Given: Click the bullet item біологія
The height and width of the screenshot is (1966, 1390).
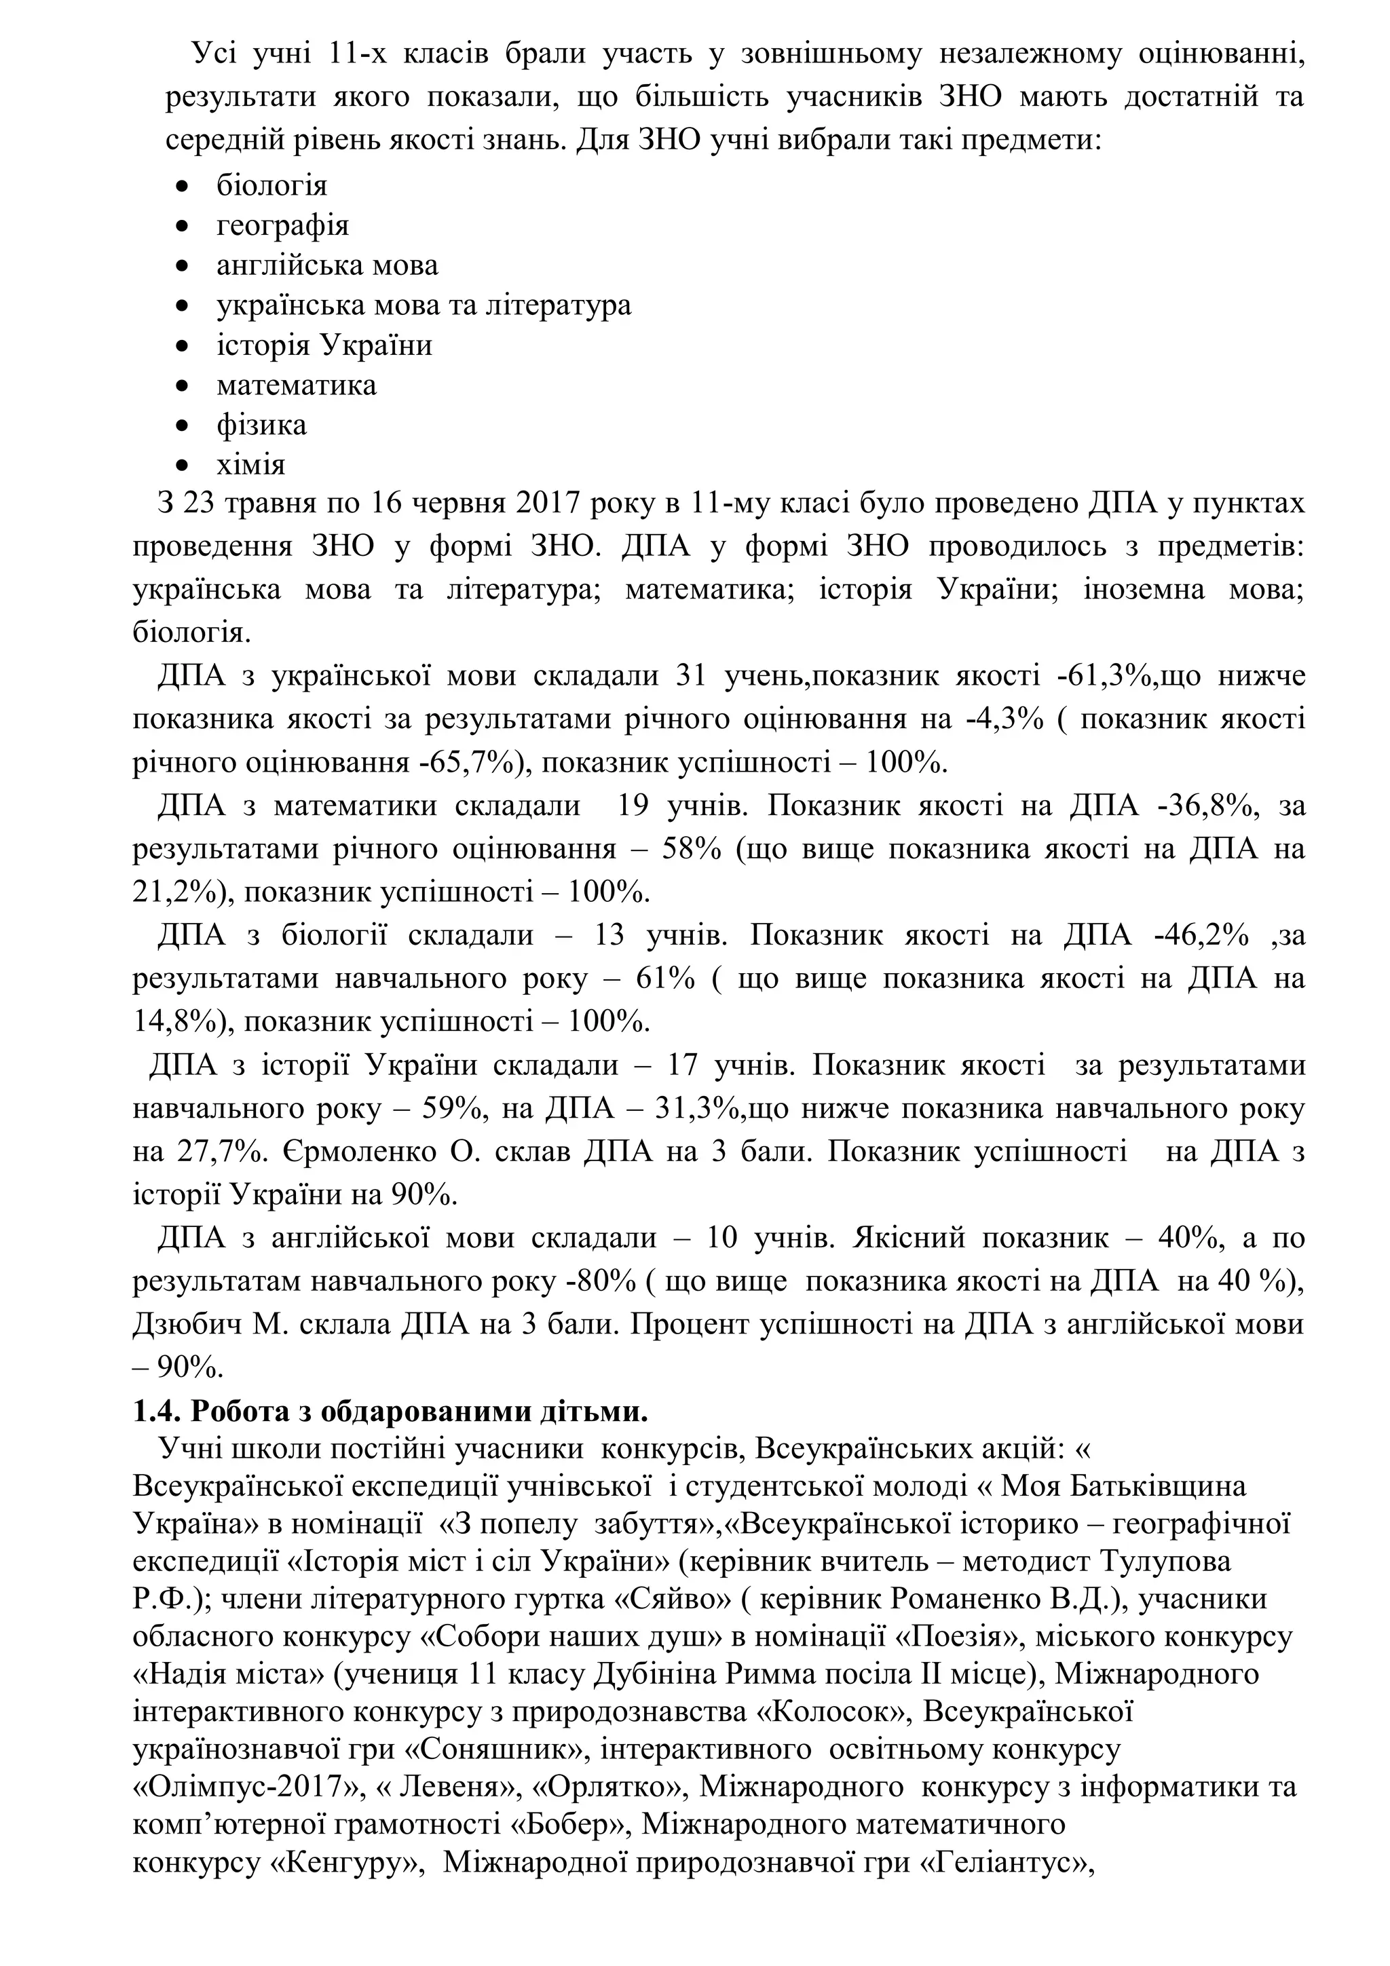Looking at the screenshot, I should (x=271, y=185).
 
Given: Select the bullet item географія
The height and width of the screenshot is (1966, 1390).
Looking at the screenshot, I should (x=282, y=225).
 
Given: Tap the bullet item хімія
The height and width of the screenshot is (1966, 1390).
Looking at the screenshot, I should (x=251, y=465).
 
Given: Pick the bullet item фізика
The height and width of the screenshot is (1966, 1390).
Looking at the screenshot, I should (x=261, y=425).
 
